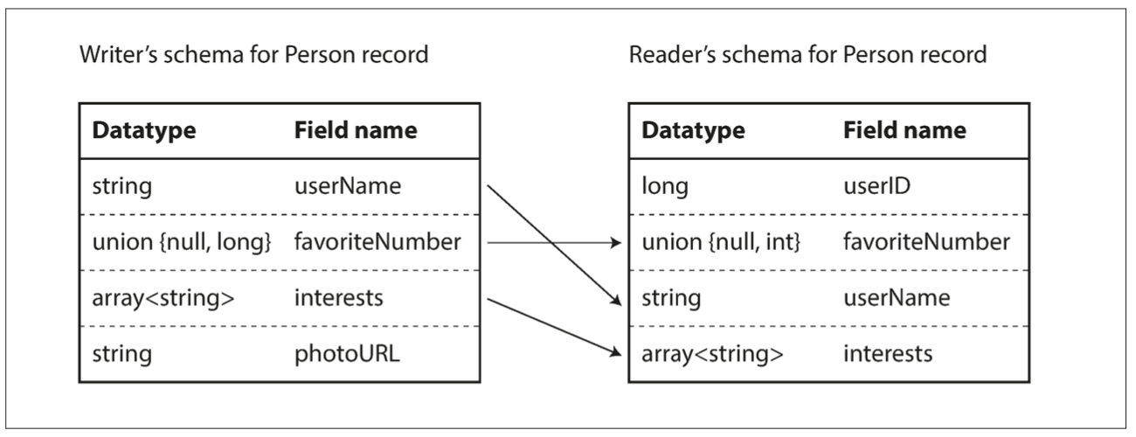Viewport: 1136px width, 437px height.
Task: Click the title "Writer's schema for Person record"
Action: tap(253, 56)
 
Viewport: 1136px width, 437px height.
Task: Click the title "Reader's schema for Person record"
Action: tap(808, 56)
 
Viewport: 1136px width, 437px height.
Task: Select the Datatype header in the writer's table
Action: tap(144, 130)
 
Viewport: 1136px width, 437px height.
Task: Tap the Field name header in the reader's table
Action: tap(904, 130)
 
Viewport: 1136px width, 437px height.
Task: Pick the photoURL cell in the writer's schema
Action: tap(336, 354)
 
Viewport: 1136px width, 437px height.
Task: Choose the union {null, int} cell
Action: tap(722, 242)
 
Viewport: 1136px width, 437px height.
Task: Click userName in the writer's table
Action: tap(337, 186)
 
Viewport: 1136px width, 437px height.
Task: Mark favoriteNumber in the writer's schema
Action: tap(377, 242)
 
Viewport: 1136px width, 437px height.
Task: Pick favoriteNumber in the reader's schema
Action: tap(926, 242)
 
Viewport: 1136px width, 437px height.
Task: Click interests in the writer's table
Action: tap(338, 298)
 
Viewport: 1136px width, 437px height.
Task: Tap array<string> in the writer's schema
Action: tap(163, 298)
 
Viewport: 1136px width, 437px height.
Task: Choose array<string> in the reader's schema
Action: tap(712, 354)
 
